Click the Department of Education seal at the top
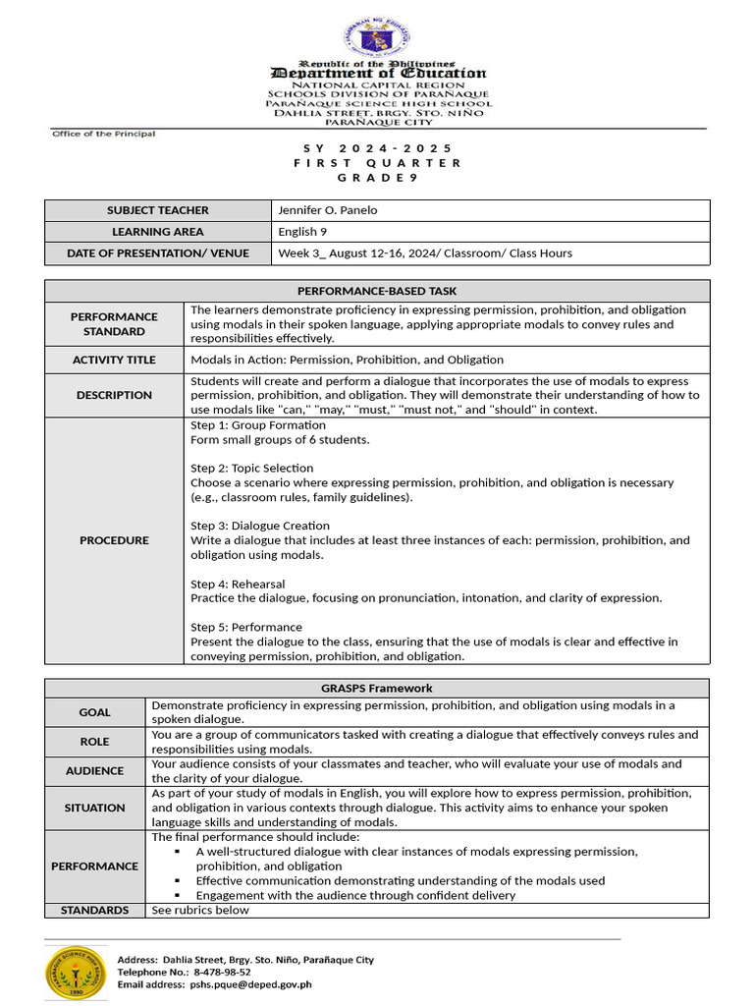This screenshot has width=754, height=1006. (x=378, y=38)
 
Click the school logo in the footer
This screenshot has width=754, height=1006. (x=76, y=971)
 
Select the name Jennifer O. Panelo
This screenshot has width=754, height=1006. (x=328, y=210)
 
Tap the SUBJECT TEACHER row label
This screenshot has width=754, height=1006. (x=158, y=210)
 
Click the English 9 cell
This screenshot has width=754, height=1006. (x=303, y=232)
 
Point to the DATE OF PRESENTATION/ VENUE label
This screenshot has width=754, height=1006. (x=158, y=253)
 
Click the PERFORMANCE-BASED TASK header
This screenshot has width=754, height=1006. (x=377, y=291)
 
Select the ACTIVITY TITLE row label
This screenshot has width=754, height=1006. (x=114, y=360)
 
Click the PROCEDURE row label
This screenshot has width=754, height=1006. (x=114, y=540)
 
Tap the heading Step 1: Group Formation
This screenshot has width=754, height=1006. (x=258, y=425)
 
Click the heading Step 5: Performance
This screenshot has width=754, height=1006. (x=246, y=627)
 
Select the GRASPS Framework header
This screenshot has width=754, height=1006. (x=377, y=689)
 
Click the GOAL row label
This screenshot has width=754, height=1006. (x=95, y=712)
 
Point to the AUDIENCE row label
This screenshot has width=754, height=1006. (x=95, y=771)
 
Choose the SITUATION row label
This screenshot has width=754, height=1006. (x=95, y=808)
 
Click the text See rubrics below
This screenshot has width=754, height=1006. (x=200, y=910)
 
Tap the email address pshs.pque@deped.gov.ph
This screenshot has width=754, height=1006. (x=251, y=983)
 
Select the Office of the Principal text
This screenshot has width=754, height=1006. (x=103, y=134)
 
